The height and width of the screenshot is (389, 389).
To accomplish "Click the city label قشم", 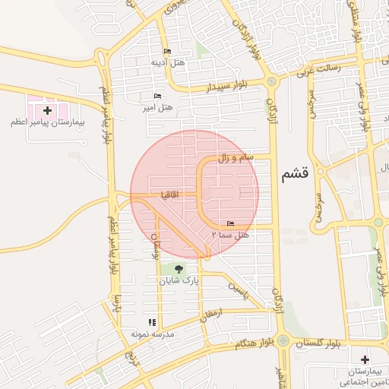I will coord(295,174).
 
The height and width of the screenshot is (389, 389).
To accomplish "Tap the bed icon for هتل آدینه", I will coord(167,52).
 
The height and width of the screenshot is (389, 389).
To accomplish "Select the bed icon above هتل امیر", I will coord(157,96).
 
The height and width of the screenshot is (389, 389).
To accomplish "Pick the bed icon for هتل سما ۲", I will coord(230,223).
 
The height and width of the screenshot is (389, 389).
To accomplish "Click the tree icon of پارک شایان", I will coord(179,269).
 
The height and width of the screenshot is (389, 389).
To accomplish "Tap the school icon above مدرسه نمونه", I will coord(151,322).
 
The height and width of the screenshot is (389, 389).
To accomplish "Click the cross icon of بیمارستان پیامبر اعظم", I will coord(48,111).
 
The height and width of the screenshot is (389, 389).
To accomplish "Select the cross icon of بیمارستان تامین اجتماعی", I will coord(365,359).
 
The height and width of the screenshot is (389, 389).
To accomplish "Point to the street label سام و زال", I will coord(243,158).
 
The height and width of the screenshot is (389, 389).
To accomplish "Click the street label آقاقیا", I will coord(169,194).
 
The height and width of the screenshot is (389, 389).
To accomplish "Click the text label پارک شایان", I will coord(179,281).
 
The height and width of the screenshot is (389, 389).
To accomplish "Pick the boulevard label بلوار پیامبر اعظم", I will coord(106,114).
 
